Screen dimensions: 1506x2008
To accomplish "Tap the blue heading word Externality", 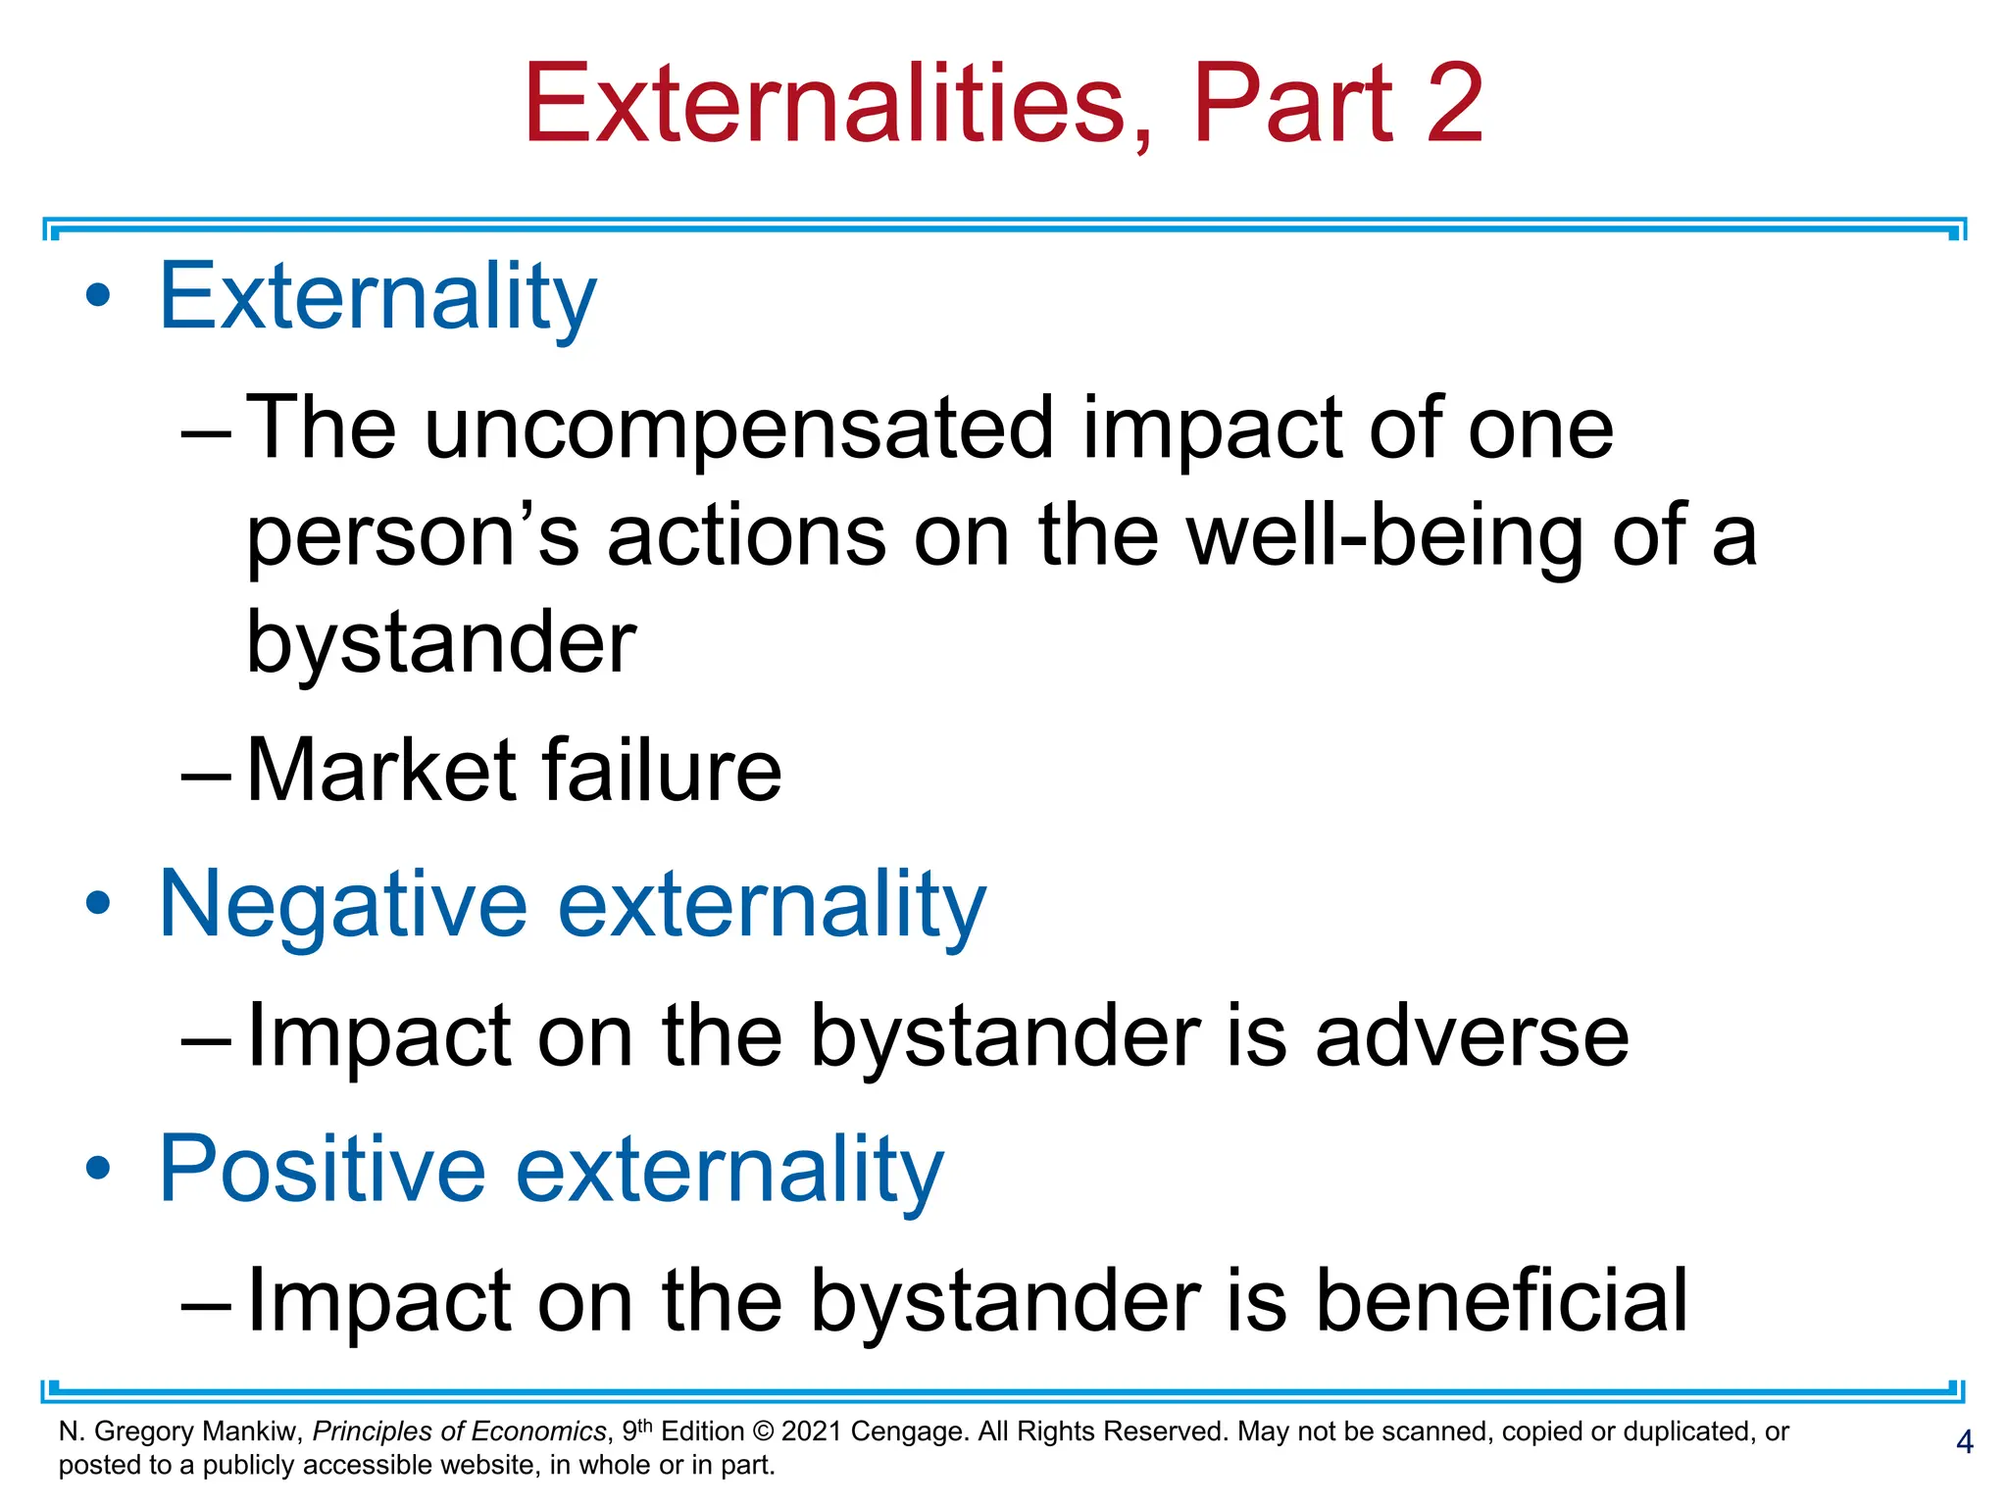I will click(x=377, y=296).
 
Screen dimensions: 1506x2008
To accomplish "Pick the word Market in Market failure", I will click(x=380, y=771).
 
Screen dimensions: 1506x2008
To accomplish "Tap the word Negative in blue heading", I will click(x=343, y=904).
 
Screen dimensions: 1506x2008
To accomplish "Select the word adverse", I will click(x=1472, y=1036).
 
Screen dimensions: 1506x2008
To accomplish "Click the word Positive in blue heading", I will click(x=323, y=1169).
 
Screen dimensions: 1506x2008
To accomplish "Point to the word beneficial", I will click(x=1500, y=1301).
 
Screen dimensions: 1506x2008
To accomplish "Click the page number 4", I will click(x=1964, y=1442).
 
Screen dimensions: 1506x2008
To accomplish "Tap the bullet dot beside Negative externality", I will click(x=98, y=903).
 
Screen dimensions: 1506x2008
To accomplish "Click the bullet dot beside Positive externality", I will click(x=98, y=1168).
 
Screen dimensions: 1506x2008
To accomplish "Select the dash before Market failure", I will click(x=206, y=775).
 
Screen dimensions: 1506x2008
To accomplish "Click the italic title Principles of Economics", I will click(x=460, y=1431).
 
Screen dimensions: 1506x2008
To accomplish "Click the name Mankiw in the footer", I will click(x=253, y=1431).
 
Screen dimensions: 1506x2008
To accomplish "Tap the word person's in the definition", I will click(x=412, y=537).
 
